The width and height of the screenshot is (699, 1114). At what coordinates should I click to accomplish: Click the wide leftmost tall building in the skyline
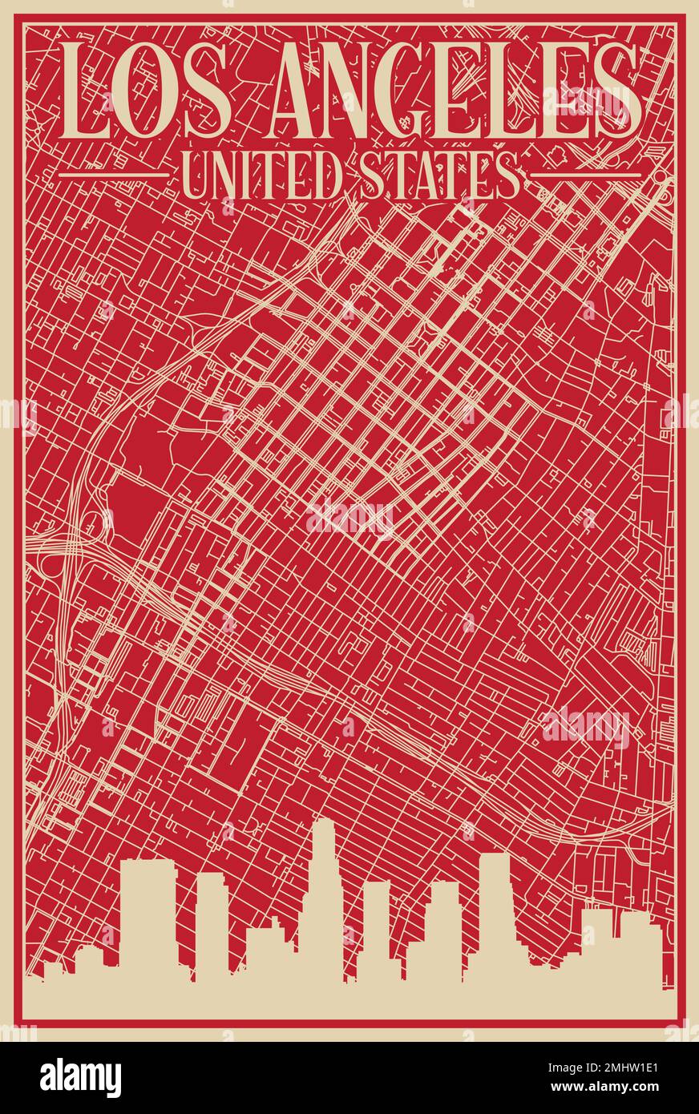click(x=147, y=914)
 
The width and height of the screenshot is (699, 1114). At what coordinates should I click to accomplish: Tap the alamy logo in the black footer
click(x=80, y=1077)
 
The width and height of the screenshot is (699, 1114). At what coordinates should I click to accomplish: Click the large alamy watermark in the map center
click(x=350, y=519)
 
